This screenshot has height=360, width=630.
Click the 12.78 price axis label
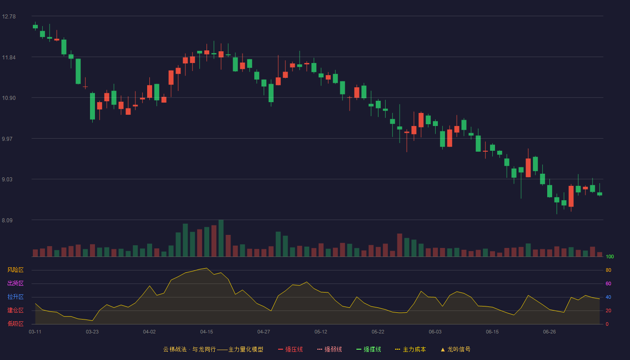pyautogui.click(x=9, y=17)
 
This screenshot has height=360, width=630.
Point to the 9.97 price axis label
pyautogui.click(x=7, y=139)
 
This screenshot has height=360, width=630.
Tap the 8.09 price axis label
pyautogui.click(x=7, y=220)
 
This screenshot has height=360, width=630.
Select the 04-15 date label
pyautogui.click(x=207, y=332)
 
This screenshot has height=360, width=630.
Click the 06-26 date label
pyautogui.click(x=549, y=332)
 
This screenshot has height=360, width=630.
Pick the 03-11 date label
pyautogui.click(x=35, y=332)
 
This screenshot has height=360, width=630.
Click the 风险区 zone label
pyautogui.click(x=15, y=270)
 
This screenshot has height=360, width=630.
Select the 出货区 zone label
pyautogui.click(x=15, y=283)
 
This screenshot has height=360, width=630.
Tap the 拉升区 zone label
pyautogui.click(x=15, y=297)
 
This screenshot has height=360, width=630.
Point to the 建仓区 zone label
pyautogui.click(x=15, y=310)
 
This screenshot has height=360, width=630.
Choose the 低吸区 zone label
pyautogui.click(x=15, y=324)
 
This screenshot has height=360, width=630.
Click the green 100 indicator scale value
pyautogui.click(x=610, y=256)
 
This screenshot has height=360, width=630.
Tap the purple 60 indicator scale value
pyautogui.click(x=608, y=283)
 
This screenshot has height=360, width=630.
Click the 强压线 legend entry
pyautogui.click(x=290, y=349)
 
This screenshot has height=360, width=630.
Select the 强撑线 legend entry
pyautogui.click(x=369, y=349)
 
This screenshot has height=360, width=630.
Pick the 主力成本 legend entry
pyautogui.click(x=410, y=349)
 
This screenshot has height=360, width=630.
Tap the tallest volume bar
pyautogui.click(x=221, y=238)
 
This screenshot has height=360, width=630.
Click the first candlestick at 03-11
pyautogui.click(x=35, y=26)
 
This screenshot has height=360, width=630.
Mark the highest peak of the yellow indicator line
pyautogui.click(x=207, y=268)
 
